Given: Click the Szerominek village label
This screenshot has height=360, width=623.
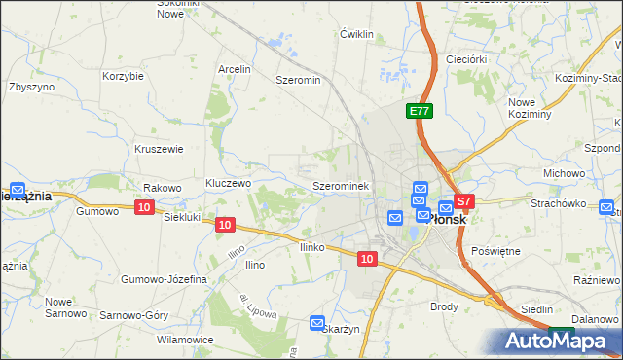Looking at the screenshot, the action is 339,184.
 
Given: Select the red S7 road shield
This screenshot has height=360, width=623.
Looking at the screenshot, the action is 464,202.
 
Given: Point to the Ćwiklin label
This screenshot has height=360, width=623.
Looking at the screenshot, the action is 357,34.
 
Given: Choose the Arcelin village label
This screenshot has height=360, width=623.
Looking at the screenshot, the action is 235,69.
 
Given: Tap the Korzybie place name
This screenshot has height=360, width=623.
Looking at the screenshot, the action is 124,75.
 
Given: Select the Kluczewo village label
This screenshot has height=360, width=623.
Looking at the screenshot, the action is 229,183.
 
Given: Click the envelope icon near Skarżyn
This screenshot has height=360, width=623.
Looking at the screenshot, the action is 317,323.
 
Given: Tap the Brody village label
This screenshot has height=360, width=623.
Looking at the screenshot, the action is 444,306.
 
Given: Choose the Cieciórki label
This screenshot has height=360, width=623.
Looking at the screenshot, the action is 465,58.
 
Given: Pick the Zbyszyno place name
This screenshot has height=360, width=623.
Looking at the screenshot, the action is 31,86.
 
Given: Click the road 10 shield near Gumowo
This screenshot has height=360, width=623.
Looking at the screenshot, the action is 144,207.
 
